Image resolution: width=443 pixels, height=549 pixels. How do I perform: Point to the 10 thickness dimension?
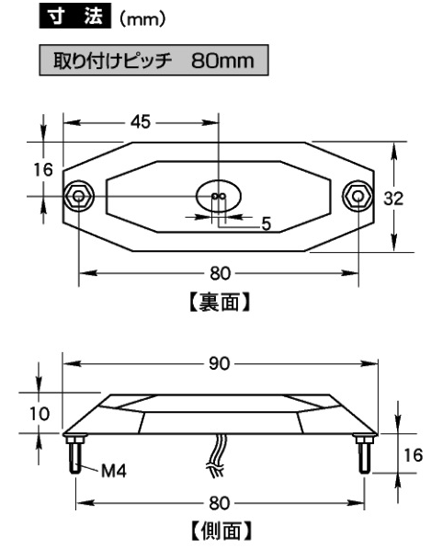[x=25, y=415]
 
